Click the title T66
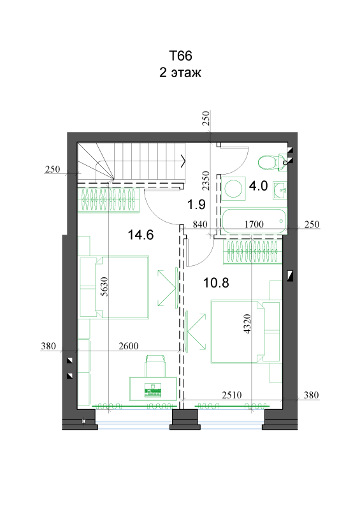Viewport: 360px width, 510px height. point(180,56)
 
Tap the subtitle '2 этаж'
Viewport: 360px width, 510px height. point(180,73)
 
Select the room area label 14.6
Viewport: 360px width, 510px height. point(140,235)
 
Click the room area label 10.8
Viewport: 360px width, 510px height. point(216,282)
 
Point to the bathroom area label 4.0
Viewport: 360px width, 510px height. point(258,186)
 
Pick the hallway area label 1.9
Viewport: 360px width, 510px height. point(196,205)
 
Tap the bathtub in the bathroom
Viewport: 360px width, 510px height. point(254,221)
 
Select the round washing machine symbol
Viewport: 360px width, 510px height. point(233,189)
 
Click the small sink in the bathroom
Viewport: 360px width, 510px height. point(280,190)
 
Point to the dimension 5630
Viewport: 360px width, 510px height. point(104,286)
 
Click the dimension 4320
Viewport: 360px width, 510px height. point(247,324)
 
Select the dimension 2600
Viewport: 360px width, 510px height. point(129,346)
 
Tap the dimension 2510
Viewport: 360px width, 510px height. point(232,395)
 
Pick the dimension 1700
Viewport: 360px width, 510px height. point(254,224)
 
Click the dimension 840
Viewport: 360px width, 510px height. point(200,224)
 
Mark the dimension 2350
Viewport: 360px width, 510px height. point(206,181)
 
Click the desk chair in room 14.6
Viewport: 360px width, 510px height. point(154,367)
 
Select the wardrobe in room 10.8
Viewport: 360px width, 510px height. point(252,252)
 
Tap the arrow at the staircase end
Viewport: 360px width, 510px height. point(183,161)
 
